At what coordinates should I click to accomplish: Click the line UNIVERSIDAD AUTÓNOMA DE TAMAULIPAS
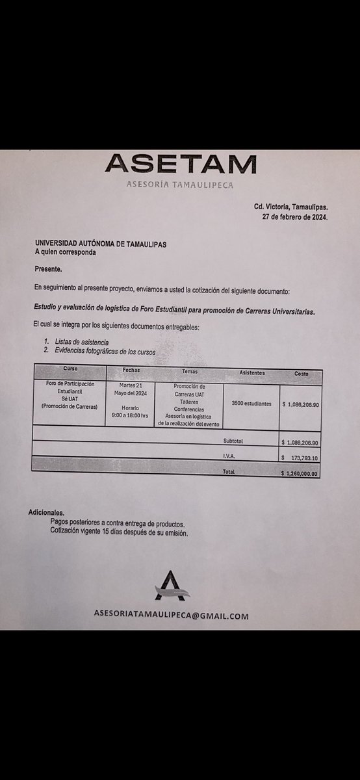point(101,244)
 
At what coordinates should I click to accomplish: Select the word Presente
point(49,268)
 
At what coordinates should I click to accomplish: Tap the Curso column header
point(70,369)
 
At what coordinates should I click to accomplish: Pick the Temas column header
point(190,371)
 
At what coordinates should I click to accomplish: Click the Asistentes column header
point(252,372)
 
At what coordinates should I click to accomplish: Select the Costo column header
point(301,374)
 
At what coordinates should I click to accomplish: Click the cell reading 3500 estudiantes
point(252,404)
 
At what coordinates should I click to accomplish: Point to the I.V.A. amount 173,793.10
point(305,458)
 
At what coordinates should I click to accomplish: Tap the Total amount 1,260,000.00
point(301,474)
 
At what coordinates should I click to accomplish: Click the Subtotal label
point(233,441)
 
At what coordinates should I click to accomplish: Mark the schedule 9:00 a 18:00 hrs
point(131,415)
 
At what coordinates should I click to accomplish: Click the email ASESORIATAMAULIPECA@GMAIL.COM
point(171,616)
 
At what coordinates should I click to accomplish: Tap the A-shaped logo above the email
point(170,586)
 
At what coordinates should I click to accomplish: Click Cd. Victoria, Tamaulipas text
point(291,206)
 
